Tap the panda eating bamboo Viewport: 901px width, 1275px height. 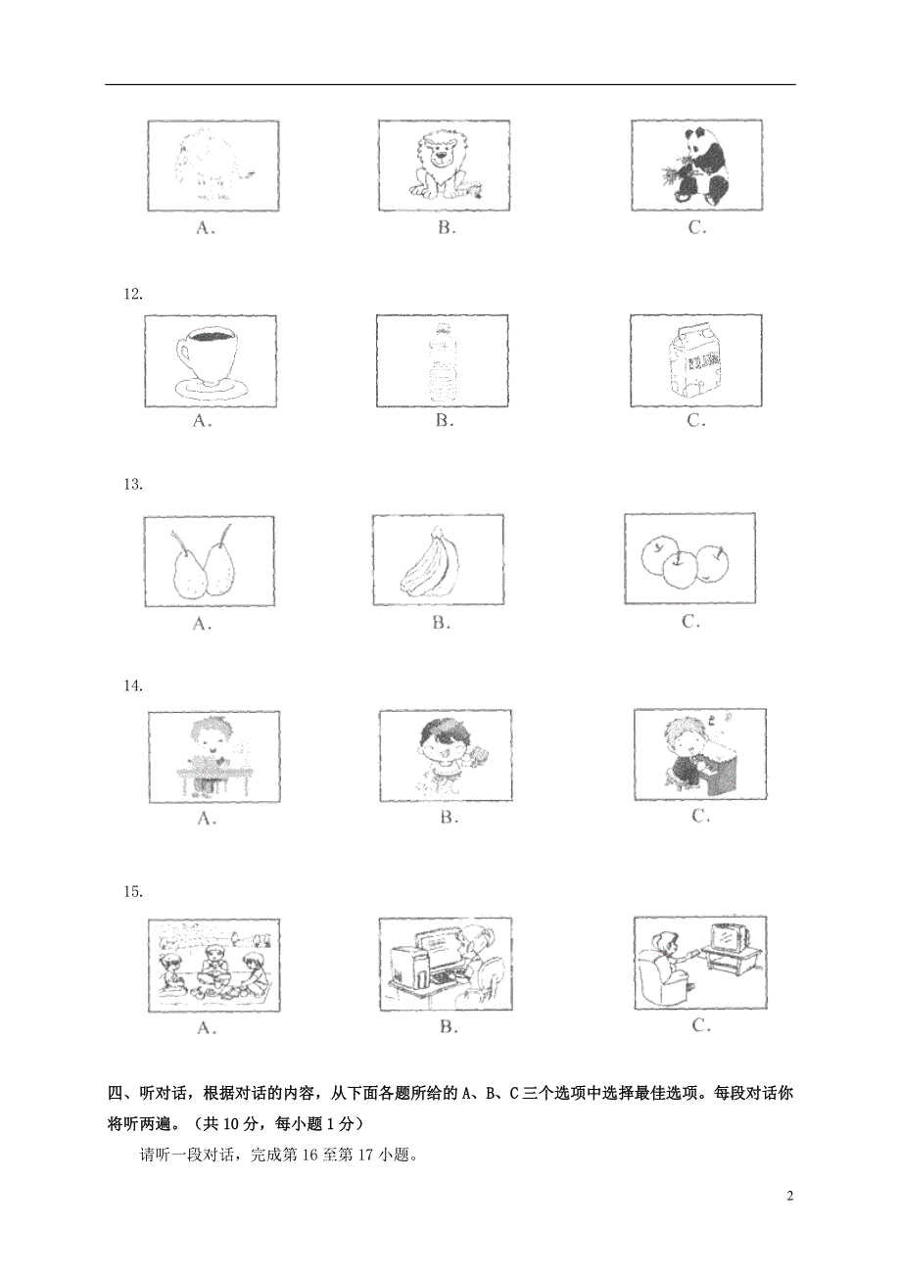(697, 166)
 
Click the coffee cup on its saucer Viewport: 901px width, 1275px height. (209, 360)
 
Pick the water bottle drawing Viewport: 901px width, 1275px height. (443, 361)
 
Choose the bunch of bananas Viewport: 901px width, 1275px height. (438, 563)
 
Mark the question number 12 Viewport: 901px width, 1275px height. (132, 293)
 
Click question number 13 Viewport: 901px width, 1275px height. (132, 484)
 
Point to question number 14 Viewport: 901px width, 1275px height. (132, 685)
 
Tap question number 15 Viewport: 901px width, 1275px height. (132, 891)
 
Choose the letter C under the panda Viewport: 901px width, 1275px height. (696, 228)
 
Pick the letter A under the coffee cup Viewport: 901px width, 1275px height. (203, 421)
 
